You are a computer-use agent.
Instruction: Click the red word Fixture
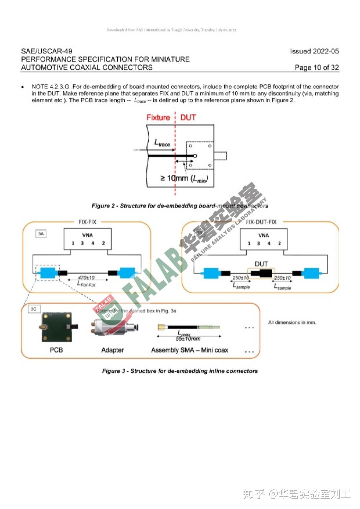click(158, 117)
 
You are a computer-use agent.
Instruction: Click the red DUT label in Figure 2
click(188, 117)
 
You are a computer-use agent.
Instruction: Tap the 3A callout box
click(41, 234)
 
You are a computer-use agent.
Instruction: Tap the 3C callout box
click(33, 309)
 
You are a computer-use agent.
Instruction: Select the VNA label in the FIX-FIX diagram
click(87, 235)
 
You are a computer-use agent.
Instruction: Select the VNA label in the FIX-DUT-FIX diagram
click(263, 235)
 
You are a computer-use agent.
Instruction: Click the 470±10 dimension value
click(86, 278)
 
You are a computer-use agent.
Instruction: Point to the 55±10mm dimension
click(188, 339)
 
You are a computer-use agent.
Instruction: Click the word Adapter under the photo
click(112, 350)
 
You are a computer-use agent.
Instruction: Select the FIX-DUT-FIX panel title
click(261, 222)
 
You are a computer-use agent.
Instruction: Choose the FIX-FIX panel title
click(87, 222)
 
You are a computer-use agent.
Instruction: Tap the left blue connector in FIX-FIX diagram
click(48, 273)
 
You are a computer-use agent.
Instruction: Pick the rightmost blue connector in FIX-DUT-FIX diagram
click(311, 273)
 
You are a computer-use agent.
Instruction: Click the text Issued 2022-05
click(314, 51)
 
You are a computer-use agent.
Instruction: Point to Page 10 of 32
click(316, 67)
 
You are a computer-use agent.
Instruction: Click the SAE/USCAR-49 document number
click(47, 51)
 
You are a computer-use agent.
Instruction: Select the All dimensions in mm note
click(292, 322)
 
